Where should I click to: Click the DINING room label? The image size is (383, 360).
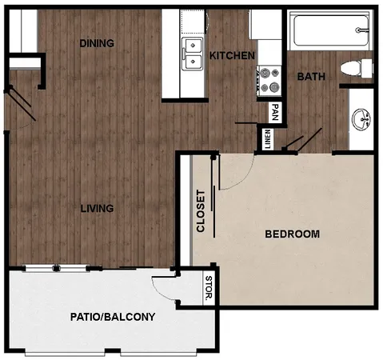(x=97, y=43)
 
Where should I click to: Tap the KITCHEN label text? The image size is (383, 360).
(x=232, y=56)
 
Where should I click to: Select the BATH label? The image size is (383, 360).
(x=310, y=77)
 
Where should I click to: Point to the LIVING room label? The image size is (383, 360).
(x=97, y=209)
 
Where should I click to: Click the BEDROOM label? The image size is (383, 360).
(x=292, y=234)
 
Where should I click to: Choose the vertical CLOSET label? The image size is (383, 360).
(x=201, y=210)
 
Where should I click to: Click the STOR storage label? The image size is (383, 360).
(x=208, y=290)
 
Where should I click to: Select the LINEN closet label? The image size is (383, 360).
(x=268, y=139)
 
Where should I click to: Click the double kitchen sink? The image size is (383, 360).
(x=193, y=52)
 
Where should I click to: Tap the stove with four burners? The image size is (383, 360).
(x=269, y=80)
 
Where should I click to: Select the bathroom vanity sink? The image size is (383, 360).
(x=361, y=118)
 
